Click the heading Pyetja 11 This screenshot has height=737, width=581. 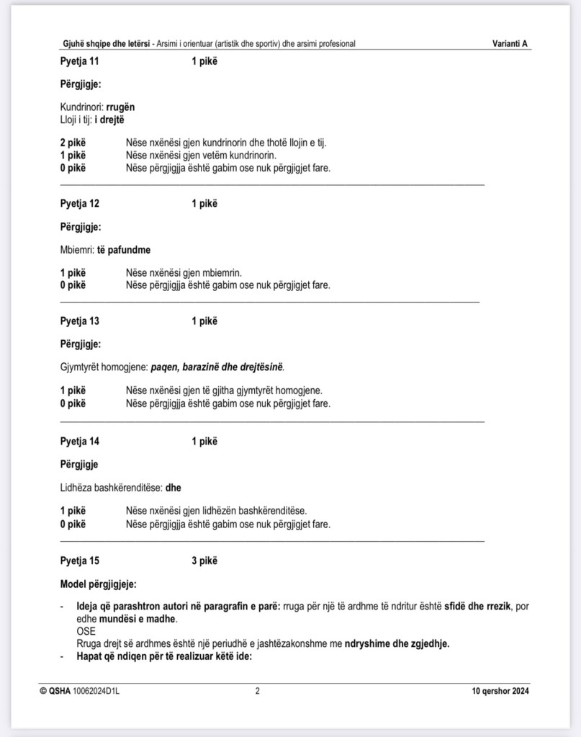80,61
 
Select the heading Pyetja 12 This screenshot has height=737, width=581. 80,204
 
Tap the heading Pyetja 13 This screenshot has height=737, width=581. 80,321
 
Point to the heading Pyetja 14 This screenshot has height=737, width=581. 80,442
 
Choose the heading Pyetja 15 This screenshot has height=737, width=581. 80,560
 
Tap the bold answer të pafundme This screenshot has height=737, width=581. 124,250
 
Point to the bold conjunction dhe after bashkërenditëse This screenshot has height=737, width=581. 174,488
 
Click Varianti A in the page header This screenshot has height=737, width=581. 510,44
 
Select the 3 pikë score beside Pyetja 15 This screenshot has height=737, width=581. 204,560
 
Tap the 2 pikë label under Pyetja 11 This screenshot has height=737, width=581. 73,143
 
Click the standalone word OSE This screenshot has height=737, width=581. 86,631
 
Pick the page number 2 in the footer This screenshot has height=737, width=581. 258,692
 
